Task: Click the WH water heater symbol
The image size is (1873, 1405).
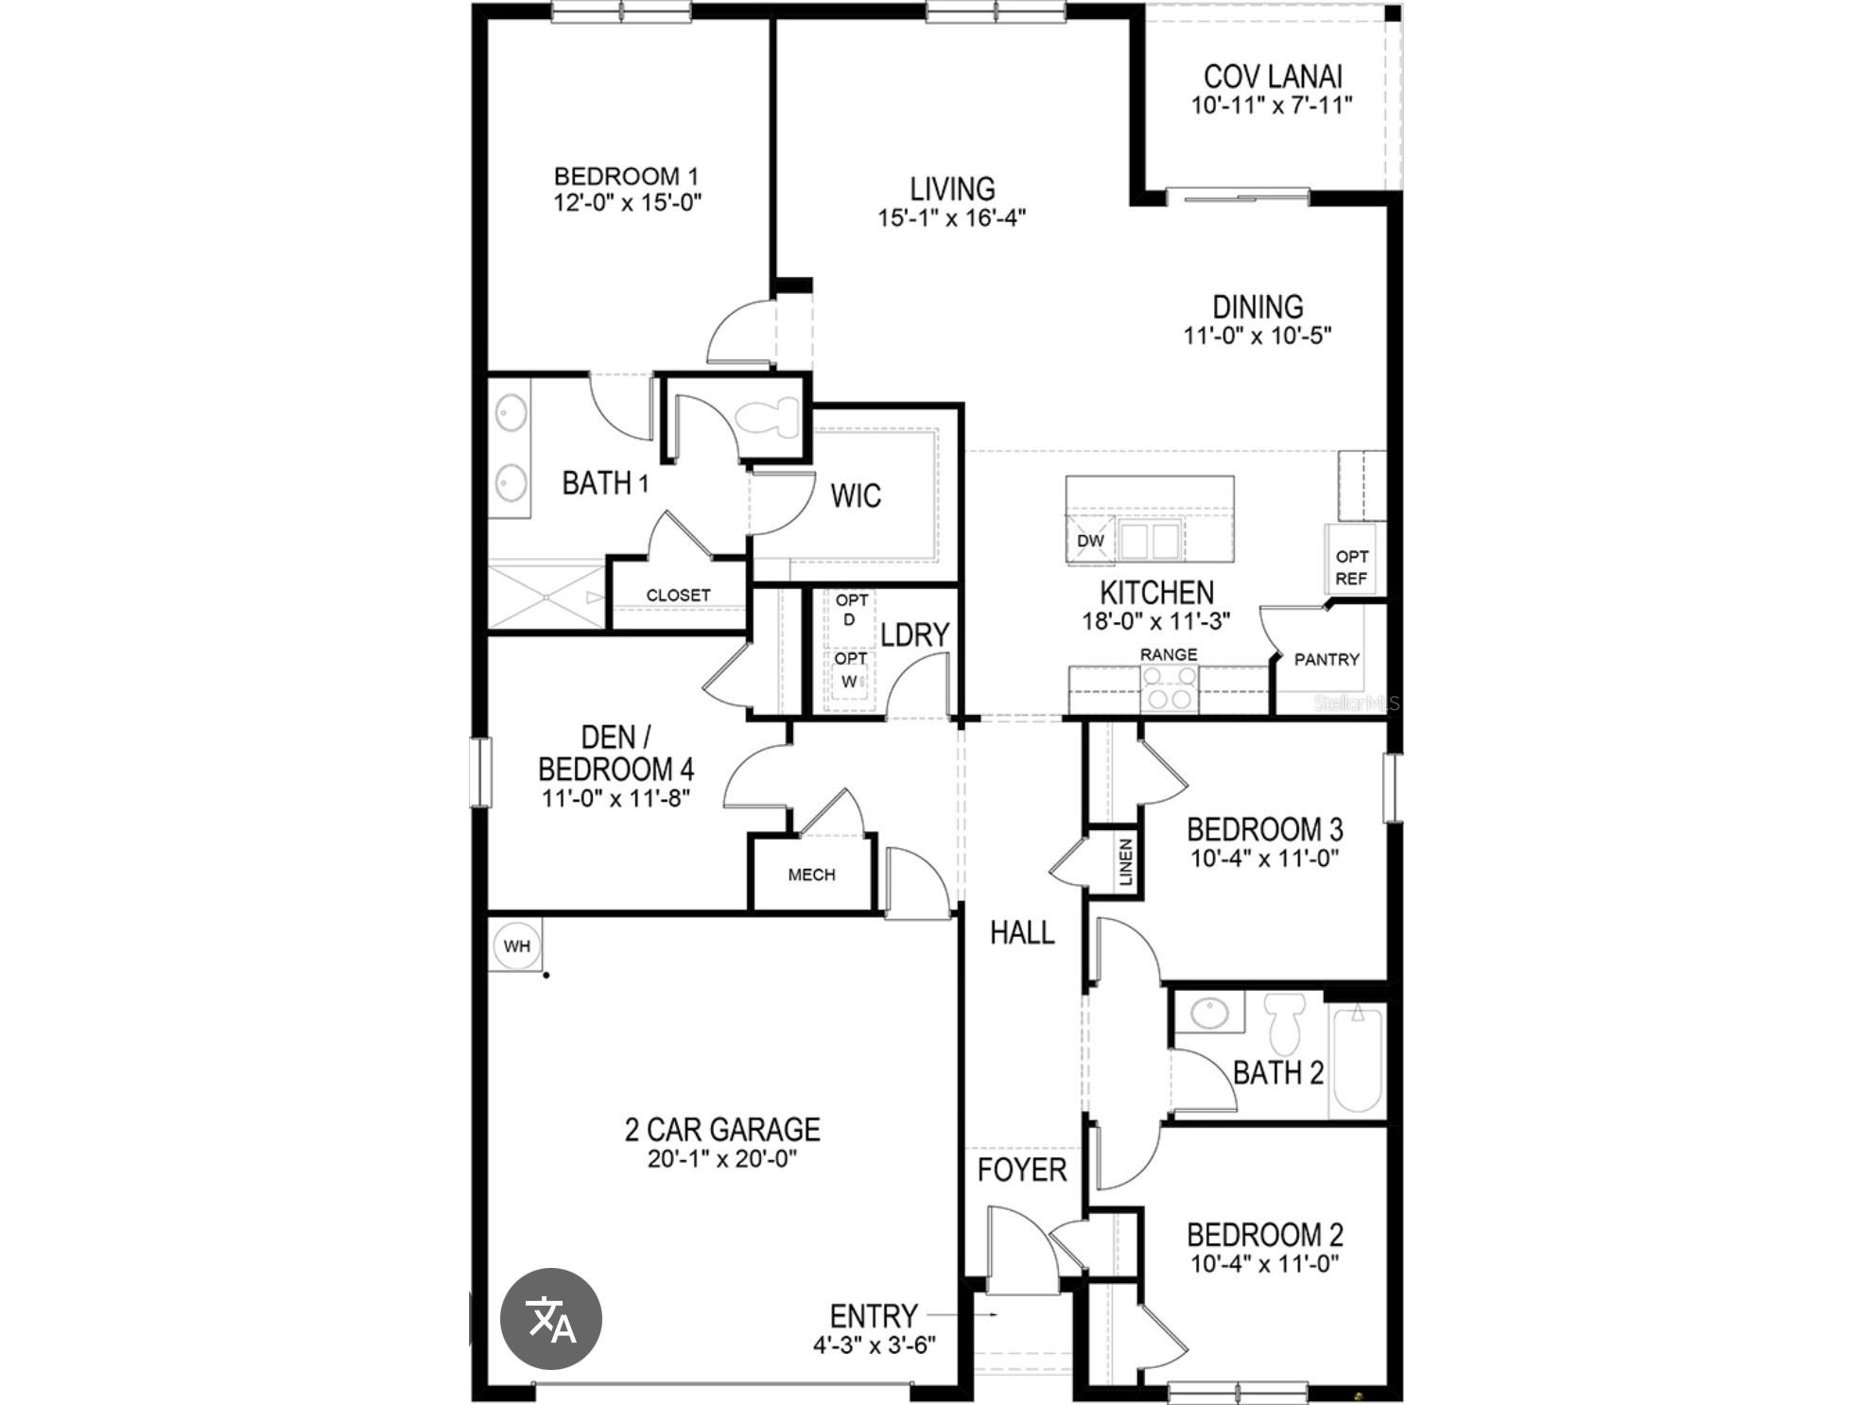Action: pyautogui.click(x=517, y=946)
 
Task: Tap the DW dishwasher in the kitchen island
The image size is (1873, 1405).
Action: pyautogui.click(x=1090, y=541)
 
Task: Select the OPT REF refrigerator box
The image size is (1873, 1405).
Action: pyautogui.click(x=1351, y=567)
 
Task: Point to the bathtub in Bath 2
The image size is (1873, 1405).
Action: pyautogui.click(x=1357, y=1059)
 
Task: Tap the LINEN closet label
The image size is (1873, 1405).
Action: pyautogui.click(x=1125, y=861)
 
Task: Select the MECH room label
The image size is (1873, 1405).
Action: pyautogui.click(x=811, y=876)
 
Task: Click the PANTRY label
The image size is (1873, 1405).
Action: pyautogui.click(x=1326, y=660)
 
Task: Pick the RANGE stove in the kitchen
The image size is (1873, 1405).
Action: pyautogui.click(x=1169, y=687)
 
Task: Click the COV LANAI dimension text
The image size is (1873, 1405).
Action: pyautogui.click(x=1272, y=105)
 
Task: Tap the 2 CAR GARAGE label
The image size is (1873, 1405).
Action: pyautogui.click(x=722, y=1129)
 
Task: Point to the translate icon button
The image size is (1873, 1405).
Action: pyautogui.click(x=550, y=1319)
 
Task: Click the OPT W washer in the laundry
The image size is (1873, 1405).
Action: pyautogui.click(x=851, y=673)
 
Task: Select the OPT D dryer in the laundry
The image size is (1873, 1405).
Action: pyautogui.click(x=851, y=611)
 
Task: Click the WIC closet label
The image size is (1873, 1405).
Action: pyautogui.click(x=856, y=495)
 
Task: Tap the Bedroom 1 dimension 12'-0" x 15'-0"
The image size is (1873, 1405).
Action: pyautogui.click(x=627, y=202)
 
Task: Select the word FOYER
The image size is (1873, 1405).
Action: pyautogui.click(x=1021, y=1171)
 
